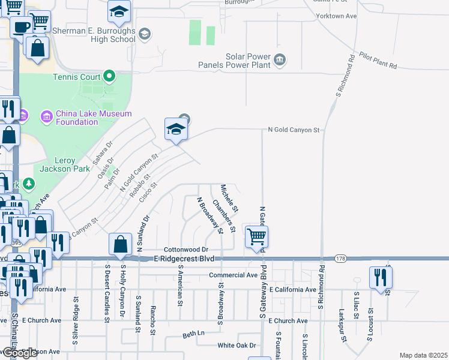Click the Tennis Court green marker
[x=109, y=76]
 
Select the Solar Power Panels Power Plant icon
[x=280, y=60]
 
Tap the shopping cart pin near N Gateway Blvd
[x=256, y=236]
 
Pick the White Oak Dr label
[x=237, y=345]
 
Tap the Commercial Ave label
[x=234, y=275]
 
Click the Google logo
[x=19, y=353]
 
